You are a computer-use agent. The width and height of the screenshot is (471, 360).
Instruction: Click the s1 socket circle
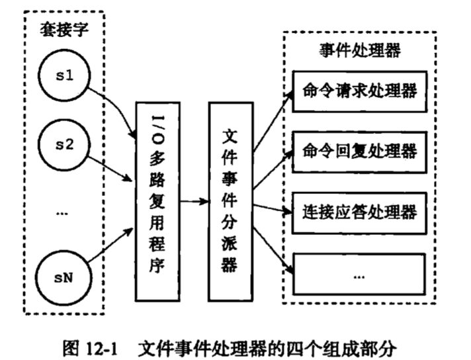(x=64, y=78)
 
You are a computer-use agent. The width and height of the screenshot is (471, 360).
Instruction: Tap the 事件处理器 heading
(x=359, y=51)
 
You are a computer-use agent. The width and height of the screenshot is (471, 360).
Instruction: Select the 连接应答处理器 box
(x=359, y=212)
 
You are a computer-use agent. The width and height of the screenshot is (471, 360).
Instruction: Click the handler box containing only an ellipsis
(x=359, y=273)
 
